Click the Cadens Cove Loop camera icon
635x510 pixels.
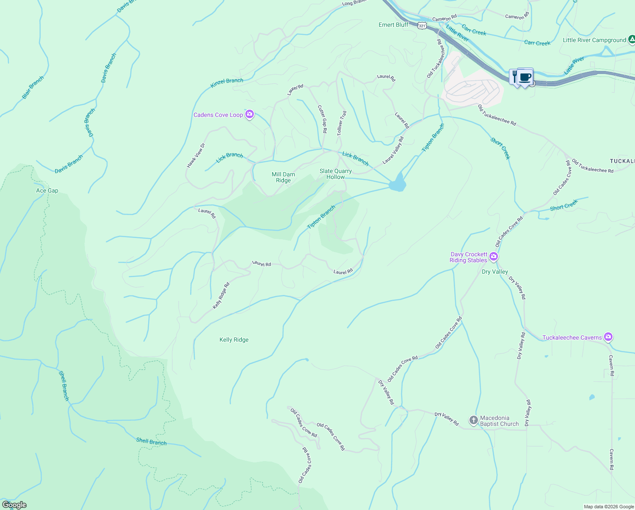[x=250, y=114]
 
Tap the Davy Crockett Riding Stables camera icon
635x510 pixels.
[x=493, y=257]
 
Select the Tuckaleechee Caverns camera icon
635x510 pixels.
[x=608, y=337]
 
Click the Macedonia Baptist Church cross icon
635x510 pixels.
[x=473, y=420]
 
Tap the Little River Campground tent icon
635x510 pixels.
[x=632, y=40]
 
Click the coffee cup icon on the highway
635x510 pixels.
[x=525, y=77]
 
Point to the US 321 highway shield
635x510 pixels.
[x=421, y=25]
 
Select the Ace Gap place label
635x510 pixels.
[x=47, y=190]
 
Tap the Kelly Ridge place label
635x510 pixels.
[x=234, y=340]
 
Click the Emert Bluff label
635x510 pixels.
[x=393, y=25]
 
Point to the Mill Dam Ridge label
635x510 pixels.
[x=283, y=177]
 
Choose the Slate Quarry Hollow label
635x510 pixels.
[x=336, y=174]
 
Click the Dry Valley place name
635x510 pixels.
[x=495, y=272]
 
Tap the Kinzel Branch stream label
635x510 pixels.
[x=227, y=83]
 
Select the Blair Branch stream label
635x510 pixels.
[x=33, y=88]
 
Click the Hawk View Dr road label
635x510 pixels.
[x=196, y=155]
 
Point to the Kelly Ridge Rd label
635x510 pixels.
[x=221, y=295]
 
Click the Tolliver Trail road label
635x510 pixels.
[x=342, y=123]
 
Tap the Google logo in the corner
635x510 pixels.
[x=14, y=505]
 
